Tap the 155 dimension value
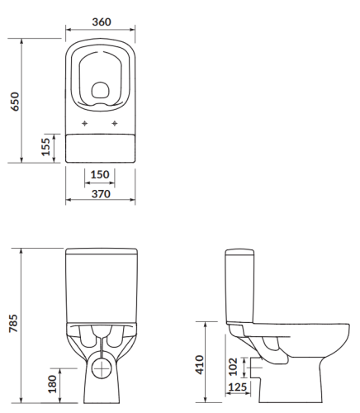click(x=47, y=147)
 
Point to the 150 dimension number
click(x=99, y=175)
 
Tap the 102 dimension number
click(x=234, y=364)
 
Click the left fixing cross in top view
click(x=85, y=125)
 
